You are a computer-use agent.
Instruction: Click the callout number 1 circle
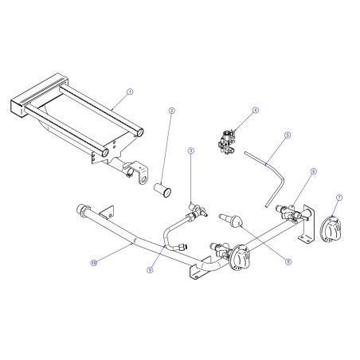point(130,92)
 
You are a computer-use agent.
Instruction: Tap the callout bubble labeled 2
point(171,111)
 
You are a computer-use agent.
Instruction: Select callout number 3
point(191,150)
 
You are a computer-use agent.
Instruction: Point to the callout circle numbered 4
point(255,112)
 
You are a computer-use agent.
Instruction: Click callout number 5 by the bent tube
point(287,136)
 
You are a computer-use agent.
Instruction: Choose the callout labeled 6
point(313,170)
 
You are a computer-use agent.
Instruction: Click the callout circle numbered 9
point(149,270)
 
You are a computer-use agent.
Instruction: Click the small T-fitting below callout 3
point(194,211)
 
